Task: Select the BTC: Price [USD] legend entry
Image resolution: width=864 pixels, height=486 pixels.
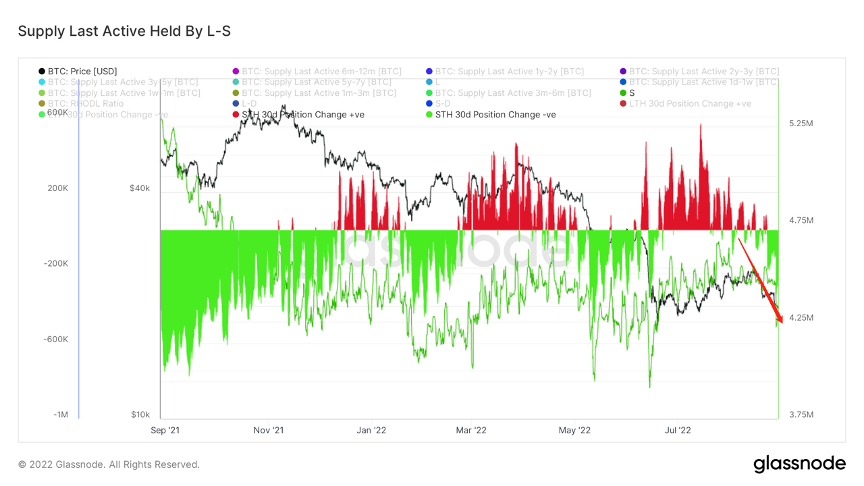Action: coord(82,72)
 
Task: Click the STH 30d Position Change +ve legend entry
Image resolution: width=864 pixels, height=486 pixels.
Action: coord(302,115)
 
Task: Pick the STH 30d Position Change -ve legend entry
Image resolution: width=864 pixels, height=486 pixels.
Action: coord(495,115)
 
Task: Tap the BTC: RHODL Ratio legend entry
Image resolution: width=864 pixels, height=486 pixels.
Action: coord(85,104)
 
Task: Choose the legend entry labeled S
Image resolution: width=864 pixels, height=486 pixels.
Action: coord(632,93)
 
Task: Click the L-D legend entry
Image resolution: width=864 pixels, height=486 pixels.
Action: coord(249,104)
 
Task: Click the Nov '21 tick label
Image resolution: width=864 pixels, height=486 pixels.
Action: coord(269,430)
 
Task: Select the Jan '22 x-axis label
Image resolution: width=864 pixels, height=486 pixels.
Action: coord(371,430)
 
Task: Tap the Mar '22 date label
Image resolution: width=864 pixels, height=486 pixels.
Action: coord(471,430)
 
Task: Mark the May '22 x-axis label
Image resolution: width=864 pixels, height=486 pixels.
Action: coord(574,430)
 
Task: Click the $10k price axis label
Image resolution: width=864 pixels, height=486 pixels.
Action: coord(140,414)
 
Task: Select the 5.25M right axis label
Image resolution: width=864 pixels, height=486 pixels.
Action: coord(801,124)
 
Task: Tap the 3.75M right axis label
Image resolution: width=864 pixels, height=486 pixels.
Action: coord(801,414)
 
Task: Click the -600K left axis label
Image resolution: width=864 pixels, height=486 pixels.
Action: coord(57,340)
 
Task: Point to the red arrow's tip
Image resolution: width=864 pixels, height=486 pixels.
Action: coord(782,324)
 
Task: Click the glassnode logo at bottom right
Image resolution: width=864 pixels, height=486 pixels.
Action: coord(799,464)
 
